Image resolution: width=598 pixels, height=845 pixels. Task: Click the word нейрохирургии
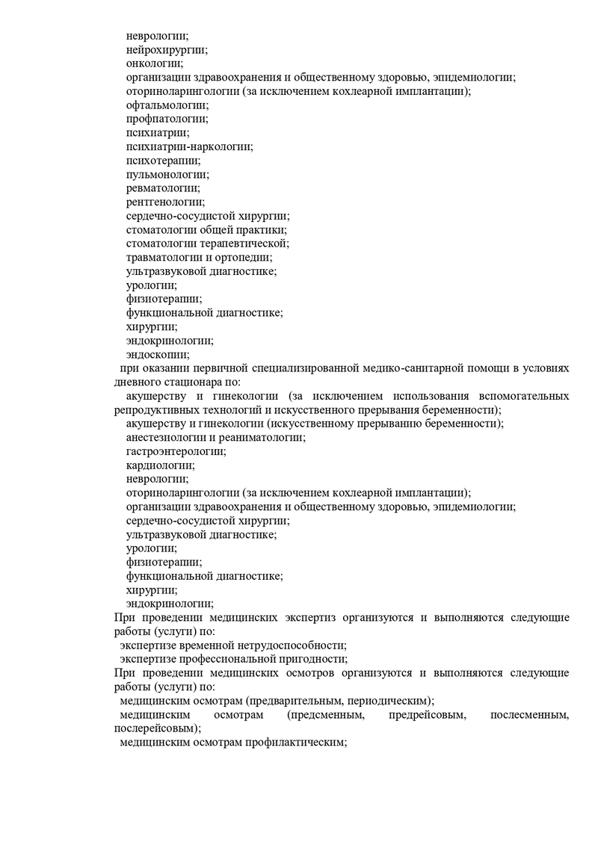166,49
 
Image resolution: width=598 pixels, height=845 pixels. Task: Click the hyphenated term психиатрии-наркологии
189,147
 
